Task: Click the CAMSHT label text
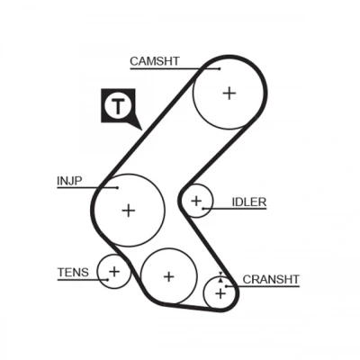pos(155,61)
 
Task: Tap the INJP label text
pos(69,181)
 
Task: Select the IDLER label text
pos(249,202)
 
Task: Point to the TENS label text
pos(73,273)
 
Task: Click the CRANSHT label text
pos(271,280)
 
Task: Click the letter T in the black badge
pos(119,105)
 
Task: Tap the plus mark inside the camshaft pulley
pos(229,94)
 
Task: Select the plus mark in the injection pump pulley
pos(129,211)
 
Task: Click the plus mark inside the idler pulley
pos(196,201)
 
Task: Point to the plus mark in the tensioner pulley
pos(114,272)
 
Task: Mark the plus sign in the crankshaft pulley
pos(220,293)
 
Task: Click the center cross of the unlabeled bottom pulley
pos(169,276)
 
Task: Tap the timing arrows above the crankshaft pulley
pos(220,277)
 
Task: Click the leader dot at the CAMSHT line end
pos(220,69)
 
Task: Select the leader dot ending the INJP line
pos(118,188)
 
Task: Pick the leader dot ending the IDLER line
pos(203,209)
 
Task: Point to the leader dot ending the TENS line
pos(108,280)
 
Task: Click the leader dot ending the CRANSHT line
pos(227,286)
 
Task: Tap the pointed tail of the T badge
pos(141,130)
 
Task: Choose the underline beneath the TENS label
pos(83,280)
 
